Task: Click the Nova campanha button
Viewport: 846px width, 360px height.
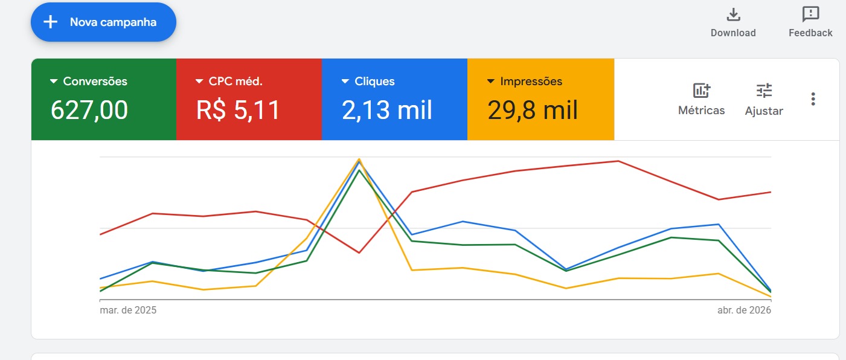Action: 103,22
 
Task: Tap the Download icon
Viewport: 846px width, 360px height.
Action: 733,14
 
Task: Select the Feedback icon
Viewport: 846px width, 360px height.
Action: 810,14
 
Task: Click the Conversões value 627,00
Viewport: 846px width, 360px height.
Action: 89,110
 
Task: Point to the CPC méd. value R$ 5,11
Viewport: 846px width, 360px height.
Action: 238,110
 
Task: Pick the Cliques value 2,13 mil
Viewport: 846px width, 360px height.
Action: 387,110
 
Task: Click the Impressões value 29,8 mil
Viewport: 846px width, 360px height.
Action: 533,110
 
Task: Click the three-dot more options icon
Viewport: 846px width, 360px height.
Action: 813,99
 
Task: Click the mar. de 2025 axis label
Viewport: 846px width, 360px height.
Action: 128,310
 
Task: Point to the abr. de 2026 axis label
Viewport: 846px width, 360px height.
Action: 744,310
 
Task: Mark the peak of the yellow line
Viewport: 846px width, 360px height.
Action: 359,159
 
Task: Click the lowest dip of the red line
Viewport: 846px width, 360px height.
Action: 359,252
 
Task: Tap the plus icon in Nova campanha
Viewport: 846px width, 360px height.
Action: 51,22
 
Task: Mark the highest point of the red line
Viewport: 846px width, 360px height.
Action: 618,161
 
